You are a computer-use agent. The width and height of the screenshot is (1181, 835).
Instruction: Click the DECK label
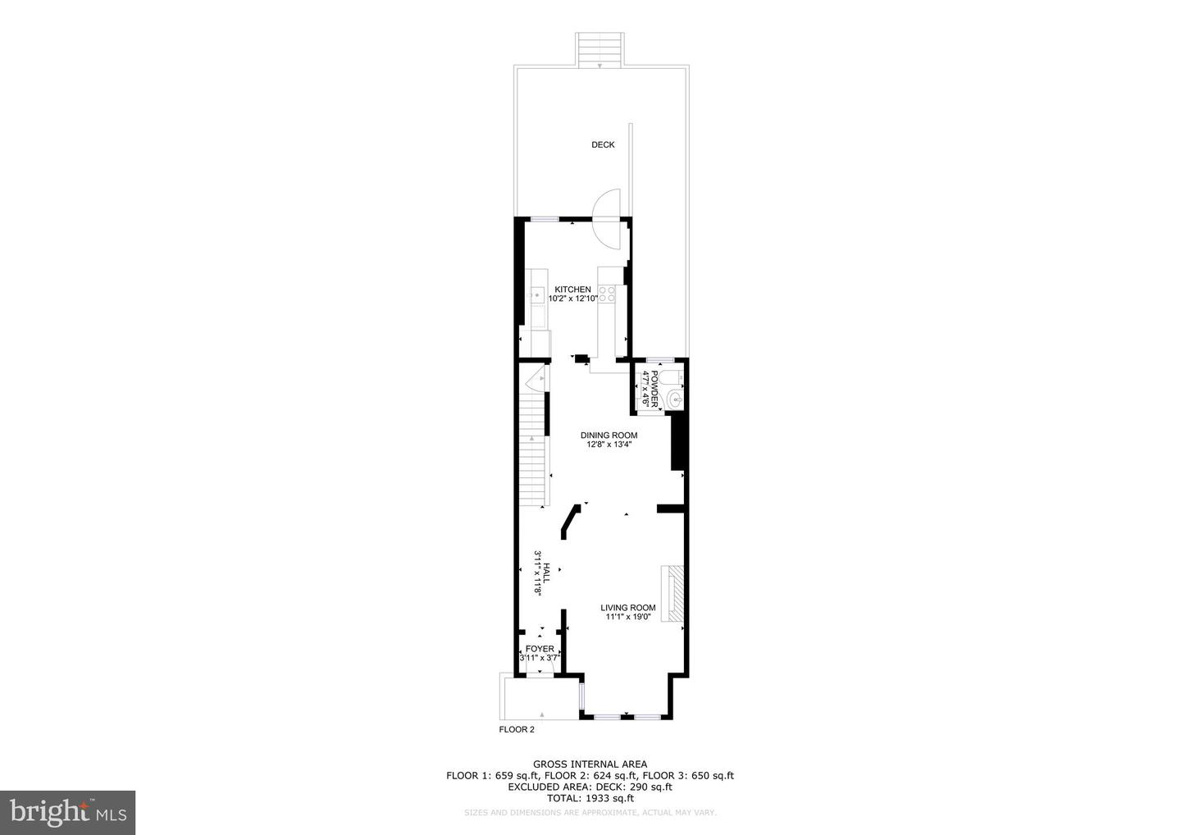pos(603,145)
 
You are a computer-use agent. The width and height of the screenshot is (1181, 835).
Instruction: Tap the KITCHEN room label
pos(572,290)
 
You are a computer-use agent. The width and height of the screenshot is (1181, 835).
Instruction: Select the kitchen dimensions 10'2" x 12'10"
pos(572,299)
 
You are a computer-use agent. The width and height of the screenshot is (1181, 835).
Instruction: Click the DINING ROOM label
pos(609,436)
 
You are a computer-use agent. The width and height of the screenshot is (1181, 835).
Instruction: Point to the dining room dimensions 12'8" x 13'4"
pos(609,445)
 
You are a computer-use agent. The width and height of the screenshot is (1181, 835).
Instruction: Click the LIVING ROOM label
pos(627,608)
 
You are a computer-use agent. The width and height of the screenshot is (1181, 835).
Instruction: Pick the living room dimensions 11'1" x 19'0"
pos(627,618)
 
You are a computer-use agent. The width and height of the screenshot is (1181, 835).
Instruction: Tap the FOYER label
pos(540,649)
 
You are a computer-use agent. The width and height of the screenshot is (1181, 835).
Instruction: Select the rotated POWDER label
pos(654,389)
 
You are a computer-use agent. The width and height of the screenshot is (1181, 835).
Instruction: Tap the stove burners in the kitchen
pos(608,294)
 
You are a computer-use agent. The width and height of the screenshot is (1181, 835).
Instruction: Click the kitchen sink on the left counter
pos(537,294)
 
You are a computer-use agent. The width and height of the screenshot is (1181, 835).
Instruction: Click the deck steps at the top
pos(600,50)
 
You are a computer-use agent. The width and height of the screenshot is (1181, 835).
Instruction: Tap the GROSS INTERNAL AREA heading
pos(590,764)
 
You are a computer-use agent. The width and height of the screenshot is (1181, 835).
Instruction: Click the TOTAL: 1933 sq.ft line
pos(590,798)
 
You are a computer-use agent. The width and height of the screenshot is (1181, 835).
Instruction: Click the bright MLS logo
pos(67,813)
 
